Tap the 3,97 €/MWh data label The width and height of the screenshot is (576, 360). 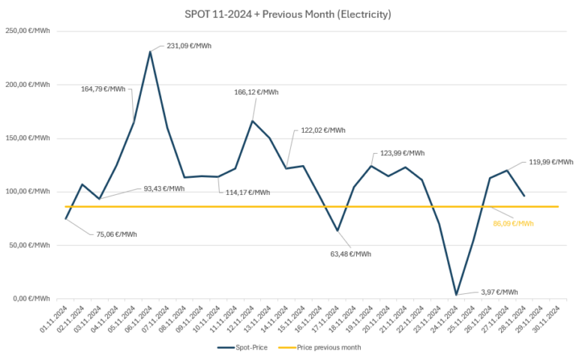tap(498, 292)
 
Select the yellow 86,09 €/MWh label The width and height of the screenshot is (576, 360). tap(513, 223)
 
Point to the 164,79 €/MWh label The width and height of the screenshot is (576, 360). tap(103, 88)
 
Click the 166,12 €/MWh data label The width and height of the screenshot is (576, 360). tap(256, 92)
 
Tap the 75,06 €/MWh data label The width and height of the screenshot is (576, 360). tap(115, 234)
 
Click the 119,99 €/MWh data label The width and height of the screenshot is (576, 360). tap(551, 162)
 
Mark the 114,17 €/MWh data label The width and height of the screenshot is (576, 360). tap(247, 192)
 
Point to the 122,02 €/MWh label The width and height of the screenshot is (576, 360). tap(323, 130)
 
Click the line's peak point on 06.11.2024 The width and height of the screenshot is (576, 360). tap(151, 51)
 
